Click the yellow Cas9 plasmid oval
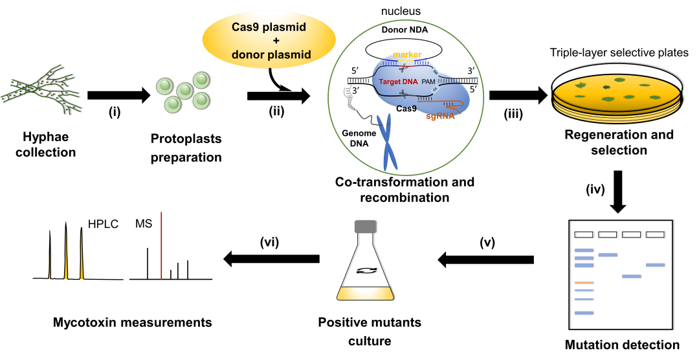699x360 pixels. tap(264, 41)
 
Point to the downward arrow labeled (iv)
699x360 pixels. tap(618, 194)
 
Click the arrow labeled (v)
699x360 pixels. tap(485, 260)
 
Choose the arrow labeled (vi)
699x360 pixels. tap(271, 259)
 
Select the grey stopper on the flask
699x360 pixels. tap(366, 226)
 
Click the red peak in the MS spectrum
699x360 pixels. tap(161, 246)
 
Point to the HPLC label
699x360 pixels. tap(100, 224)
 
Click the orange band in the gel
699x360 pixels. tap(584, 283)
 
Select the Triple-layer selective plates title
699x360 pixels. tap(619, 53)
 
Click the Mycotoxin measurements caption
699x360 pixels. tap(133, 322)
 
